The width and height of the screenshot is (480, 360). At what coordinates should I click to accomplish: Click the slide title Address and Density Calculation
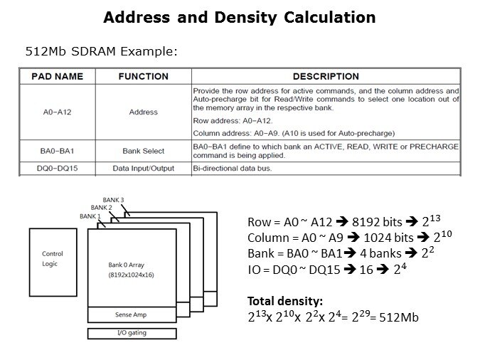[240, 16]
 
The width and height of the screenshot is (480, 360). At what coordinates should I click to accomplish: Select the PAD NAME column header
[57, 76]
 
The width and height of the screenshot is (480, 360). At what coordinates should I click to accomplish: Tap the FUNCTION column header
[143, 76]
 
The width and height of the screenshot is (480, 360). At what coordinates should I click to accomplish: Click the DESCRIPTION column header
[326, 76]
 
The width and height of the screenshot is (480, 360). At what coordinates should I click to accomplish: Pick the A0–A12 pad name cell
[57, 112]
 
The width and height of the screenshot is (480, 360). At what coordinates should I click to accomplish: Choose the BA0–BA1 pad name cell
[57, 151]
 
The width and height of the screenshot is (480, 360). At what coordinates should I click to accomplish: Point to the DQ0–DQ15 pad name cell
[57, 169]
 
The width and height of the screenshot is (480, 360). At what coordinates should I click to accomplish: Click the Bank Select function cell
[143, 151]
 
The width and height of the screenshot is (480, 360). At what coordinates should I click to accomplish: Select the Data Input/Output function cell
[143, 169]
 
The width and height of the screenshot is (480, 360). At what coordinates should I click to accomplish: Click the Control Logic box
[53, 258]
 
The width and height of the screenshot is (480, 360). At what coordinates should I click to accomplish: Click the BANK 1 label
[90, 216]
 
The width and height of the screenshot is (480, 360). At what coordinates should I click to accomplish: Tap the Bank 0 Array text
[127, 264]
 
